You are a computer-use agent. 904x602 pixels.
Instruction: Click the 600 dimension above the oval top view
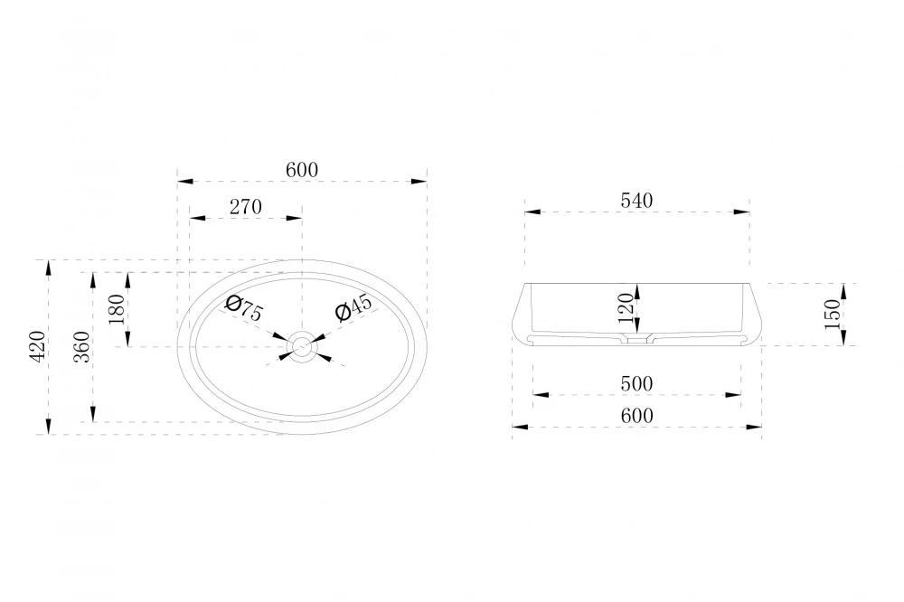coord(302,170)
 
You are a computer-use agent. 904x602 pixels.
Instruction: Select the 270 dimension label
coord(246,207)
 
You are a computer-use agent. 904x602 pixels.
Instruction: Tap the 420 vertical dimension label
coord(37,346)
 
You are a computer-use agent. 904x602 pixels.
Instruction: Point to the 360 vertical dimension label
coord(82,346)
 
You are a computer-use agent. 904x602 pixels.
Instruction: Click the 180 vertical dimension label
coord(117,309)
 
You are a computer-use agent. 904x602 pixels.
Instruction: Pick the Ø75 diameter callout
coord(244,308)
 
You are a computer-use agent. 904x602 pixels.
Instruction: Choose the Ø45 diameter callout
coord(353,307)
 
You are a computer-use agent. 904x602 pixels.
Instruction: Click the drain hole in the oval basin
coord(301,346)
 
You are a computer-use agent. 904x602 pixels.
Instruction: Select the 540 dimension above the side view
coord(636,201)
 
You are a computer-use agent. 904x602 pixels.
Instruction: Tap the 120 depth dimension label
coord(626,308)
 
